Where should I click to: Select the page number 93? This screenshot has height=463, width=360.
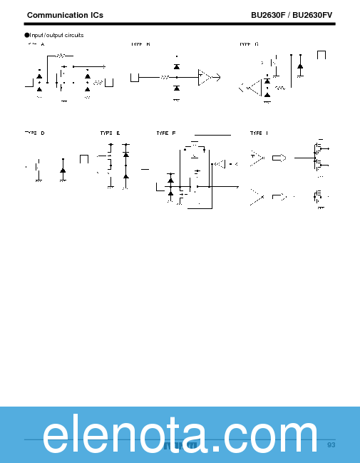click(331, 445)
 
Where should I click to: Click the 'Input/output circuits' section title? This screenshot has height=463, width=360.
click(56, 35)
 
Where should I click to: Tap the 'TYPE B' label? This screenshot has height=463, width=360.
click(140, 44)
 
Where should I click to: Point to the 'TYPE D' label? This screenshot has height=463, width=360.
click(34, 133)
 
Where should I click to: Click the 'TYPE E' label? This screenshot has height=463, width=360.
click(110, 133)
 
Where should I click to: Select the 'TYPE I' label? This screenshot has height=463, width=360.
click(259, 133)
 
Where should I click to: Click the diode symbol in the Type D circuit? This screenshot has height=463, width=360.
click(63, 170)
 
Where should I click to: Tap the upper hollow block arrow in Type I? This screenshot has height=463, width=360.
click(279, 158)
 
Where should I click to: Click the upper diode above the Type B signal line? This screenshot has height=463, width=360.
click(177, 66)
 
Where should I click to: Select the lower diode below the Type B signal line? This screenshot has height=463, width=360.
click(177, 88)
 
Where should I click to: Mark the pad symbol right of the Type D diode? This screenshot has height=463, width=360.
click(83, 158)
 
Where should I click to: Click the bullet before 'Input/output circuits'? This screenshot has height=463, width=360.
click(27, 35)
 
